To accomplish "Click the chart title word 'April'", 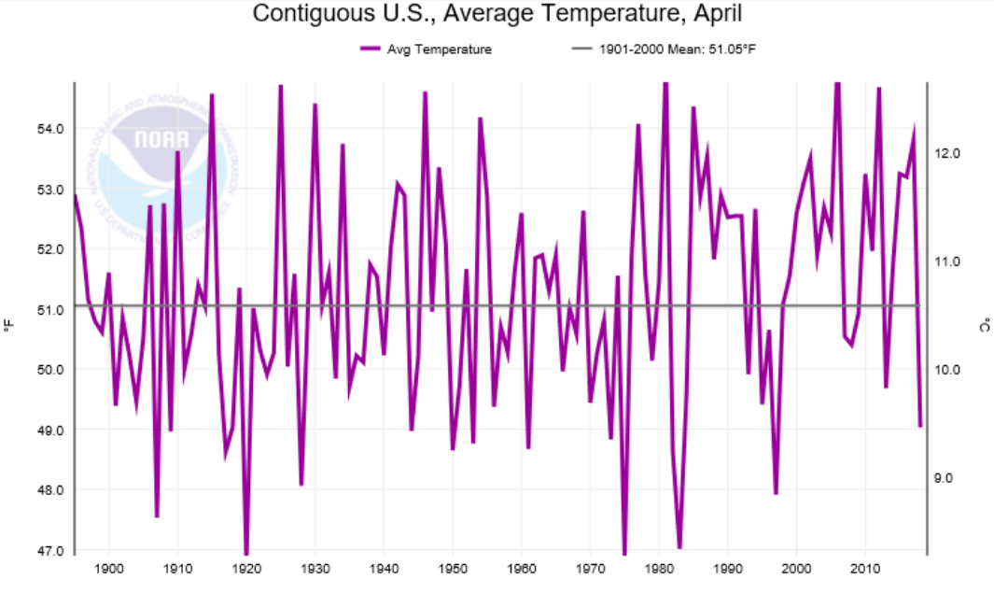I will point(715,15).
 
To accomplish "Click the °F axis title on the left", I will point(8,326).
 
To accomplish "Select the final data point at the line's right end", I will point(920,426).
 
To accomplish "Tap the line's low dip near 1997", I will point(776,493).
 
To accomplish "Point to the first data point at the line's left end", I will point(75,194).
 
